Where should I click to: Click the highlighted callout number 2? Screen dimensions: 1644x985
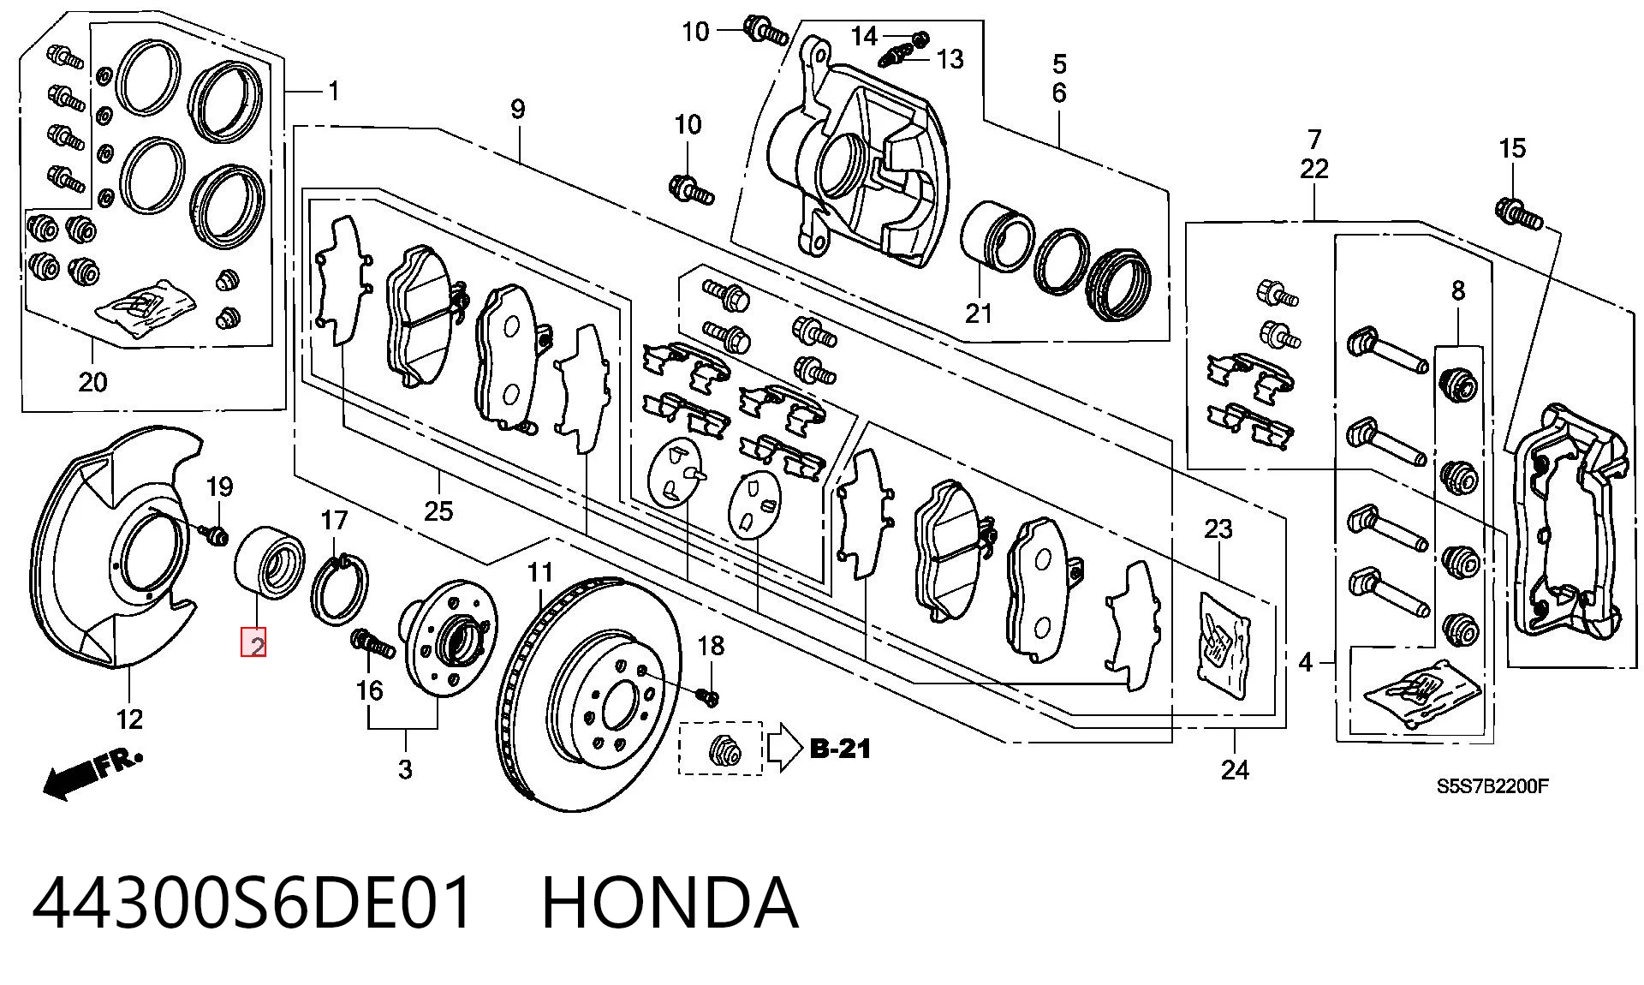(x=254, y=642)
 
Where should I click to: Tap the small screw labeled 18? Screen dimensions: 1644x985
(x=707, y=695)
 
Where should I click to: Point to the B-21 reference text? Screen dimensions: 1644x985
(x=840, y=749)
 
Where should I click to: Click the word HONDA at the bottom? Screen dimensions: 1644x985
(x=670, y=903)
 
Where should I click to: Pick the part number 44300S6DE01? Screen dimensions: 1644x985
(x=252, y=903)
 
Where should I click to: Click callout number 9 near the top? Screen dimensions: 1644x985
(x=517, y=110)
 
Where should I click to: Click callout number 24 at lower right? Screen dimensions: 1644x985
(x=1234, y=771)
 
